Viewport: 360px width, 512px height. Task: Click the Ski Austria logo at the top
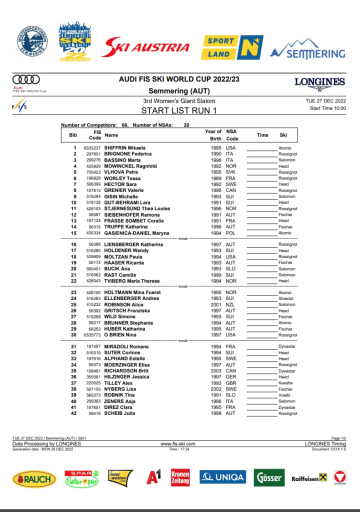(x=146, y=47)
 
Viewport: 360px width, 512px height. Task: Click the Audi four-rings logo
(x=26, y=79)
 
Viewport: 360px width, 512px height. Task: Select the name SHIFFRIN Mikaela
(x=125, y=148)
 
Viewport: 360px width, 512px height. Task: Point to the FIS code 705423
(x=93, y=172)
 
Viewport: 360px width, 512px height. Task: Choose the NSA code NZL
(x=230, y=304)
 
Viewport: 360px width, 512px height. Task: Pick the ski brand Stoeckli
(x=286, y=298)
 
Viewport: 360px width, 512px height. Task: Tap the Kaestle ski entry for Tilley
(x=285, y=383)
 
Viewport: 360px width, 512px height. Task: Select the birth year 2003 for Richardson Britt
(x=215, y=371)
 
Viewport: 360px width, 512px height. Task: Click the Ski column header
(x=283, y=135)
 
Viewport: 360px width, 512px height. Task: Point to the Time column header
(x=262, y=135)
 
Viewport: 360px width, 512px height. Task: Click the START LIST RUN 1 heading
(x=179, y=110)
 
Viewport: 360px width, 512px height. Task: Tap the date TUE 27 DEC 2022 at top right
(x=325, y=101)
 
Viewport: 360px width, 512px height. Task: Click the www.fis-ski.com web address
(x=178, y=443)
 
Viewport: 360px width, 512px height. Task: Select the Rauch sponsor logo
(x=34, y=478)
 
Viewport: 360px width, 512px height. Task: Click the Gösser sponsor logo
(x=269, y=478)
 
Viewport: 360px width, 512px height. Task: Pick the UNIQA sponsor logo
(x=222, y=477)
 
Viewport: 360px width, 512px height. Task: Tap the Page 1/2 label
(x=338, y=438)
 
